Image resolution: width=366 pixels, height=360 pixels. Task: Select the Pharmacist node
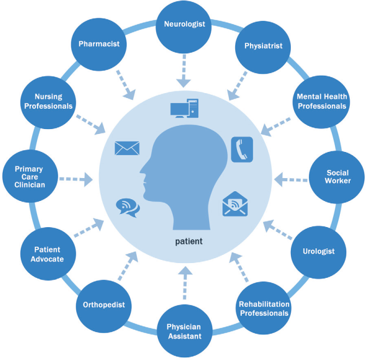[x=98, y=44]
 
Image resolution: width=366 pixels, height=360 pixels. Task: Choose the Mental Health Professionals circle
[x=321, y=101]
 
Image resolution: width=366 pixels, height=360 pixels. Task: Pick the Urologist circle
[x=319, y=252]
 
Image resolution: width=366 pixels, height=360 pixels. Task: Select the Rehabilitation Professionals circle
[x=264, y=308]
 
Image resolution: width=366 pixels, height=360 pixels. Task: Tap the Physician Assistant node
[x=184, y=331]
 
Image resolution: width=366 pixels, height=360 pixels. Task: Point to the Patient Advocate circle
[x=48, y=254]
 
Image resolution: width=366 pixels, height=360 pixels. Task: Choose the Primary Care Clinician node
[x=29, y=177]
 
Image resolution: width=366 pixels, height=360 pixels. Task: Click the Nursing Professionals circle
[x=48, y=102]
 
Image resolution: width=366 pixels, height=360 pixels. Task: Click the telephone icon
[x=242, y=149]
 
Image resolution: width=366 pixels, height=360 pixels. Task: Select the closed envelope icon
[x=127, y=148]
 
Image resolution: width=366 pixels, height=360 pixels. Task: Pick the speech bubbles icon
[x=127, y=208]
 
